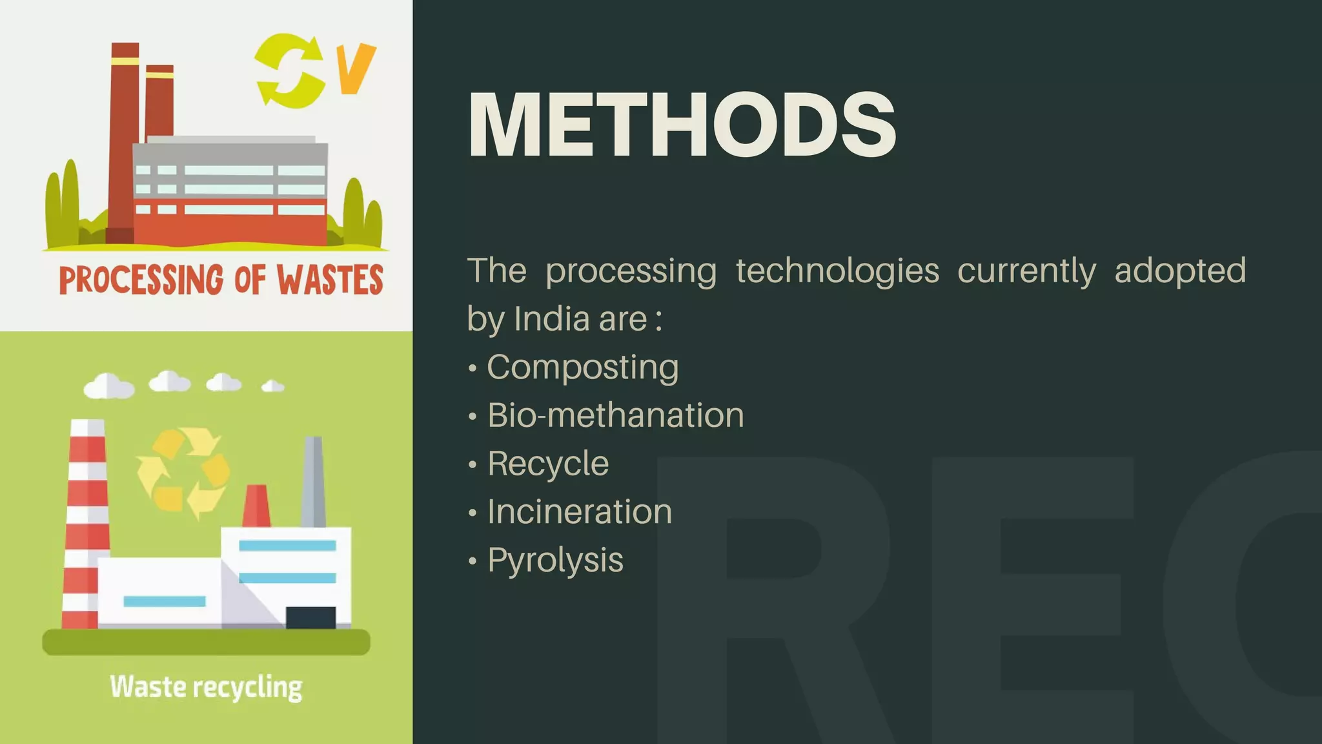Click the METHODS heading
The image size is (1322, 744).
682,124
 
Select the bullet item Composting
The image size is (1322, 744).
582,367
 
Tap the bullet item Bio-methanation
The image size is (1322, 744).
615,415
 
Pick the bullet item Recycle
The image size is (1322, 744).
548,464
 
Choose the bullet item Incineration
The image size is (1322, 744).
580,512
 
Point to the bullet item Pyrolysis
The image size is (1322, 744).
555,560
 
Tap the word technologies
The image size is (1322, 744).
837,271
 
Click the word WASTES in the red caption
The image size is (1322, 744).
330,280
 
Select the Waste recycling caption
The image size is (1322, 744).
206,687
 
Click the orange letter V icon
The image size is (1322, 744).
356,68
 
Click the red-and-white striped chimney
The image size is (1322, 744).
85,523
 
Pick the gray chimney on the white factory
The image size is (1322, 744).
313,481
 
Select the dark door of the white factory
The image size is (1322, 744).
310,617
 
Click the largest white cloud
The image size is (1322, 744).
108,386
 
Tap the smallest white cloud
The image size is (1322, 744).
272,386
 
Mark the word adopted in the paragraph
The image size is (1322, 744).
1180,271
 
